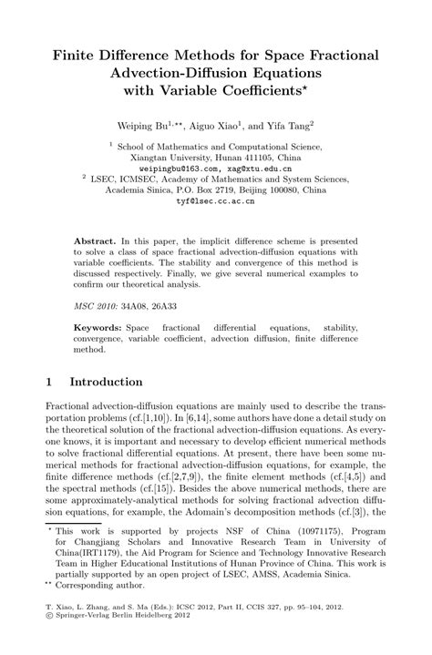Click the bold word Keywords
click(x=98, y=326)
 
